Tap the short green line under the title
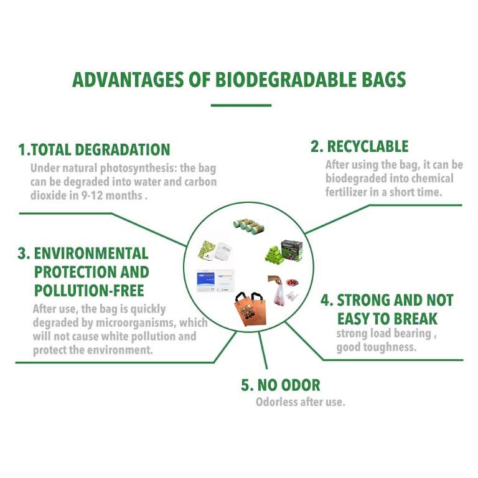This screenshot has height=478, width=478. (241, 105)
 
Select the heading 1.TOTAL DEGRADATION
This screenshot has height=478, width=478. (94, 150)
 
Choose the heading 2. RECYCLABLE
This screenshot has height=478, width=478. (360, 147)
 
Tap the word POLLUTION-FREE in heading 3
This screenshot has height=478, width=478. (89, 291)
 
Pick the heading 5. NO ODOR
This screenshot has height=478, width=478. (281, 385)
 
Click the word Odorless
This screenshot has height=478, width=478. (276, 402)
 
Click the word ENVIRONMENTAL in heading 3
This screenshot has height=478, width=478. (91, 254)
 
